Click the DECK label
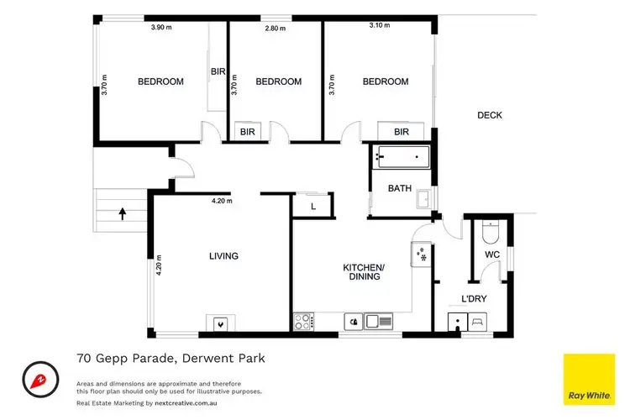490,115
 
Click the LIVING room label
223,256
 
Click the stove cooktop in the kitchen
303,320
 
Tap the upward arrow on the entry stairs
123,213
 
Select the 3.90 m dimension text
162,28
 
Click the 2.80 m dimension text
276,28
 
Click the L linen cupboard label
312,206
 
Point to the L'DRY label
474,298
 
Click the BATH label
399,189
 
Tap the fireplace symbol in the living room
220,322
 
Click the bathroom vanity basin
425,198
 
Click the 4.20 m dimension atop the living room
222,202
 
